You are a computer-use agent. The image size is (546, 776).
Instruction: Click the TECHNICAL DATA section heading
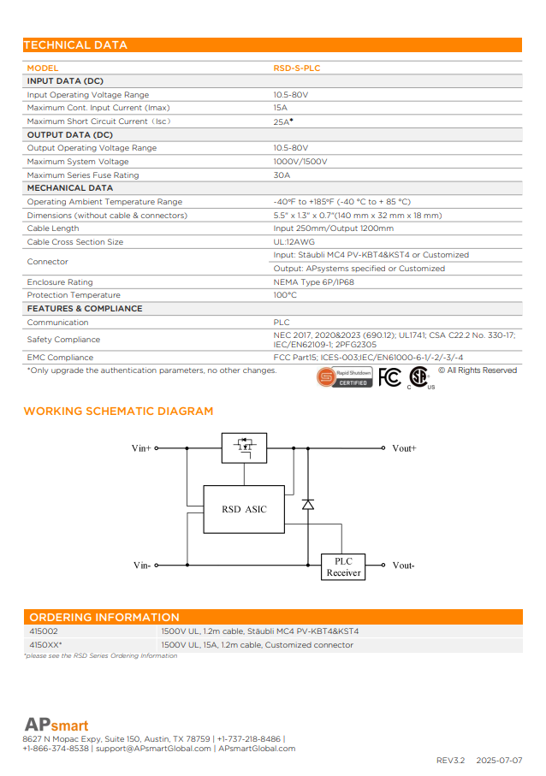click(x=75, y=45)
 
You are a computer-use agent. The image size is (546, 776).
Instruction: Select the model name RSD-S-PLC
click(x=297, y=68)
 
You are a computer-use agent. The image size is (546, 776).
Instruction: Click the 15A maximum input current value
click(x=280, y=108)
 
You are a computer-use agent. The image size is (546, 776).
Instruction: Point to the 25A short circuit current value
click(x=282, y=121)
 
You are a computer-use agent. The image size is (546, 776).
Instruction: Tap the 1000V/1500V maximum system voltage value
click(x=300, y=162)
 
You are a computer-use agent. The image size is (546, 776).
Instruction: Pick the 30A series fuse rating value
click(x=282, y=175)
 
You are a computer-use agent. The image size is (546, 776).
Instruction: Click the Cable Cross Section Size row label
click(x=75, y=242)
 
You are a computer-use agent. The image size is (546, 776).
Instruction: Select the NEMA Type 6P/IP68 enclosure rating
click(x=314, y=282)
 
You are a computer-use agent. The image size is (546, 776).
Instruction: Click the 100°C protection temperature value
click(x=285, y=295)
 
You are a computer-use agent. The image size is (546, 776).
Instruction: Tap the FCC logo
click(x=389, y=376)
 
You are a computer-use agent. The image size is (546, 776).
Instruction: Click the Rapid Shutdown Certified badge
click(x=344, y=376)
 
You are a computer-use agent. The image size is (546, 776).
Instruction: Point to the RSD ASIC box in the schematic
click(x=244, y=509)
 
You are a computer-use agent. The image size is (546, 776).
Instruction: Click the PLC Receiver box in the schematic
click(x=343, y=566)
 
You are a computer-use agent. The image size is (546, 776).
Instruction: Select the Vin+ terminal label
click(x=141, y=447)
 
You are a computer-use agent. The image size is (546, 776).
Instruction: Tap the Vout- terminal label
click(x=403, y=566)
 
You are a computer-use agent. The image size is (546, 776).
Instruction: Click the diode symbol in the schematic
click(x=308, y=505)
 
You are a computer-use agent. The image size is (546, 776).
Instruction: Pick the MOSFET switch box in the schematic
click(x=244, y=447)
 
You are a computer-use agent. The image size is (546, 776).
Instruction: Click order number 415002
click(x=44, y=631)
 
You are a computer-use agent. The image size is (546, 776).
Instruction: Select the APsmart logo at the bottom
click(x=56, y=725)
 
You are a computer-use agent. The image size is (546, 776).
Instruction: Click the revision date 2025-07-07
click(x=499, y=760)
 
